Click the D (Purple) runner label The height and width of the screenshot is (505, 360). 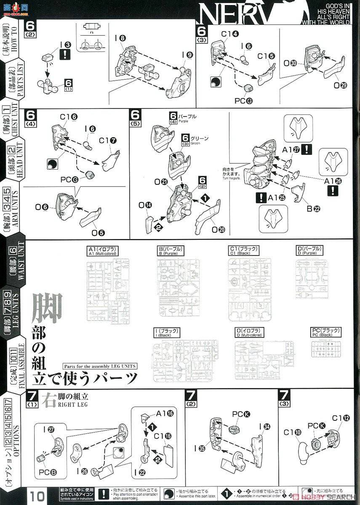tap(312, 251)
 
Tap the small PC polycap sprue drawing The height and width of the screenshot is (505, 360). tap(325, 349)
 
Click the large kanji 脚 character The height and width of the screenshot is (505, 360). tap(48, 310)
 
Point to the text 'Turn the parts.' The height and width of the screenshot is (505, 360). tap(231, 178)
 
